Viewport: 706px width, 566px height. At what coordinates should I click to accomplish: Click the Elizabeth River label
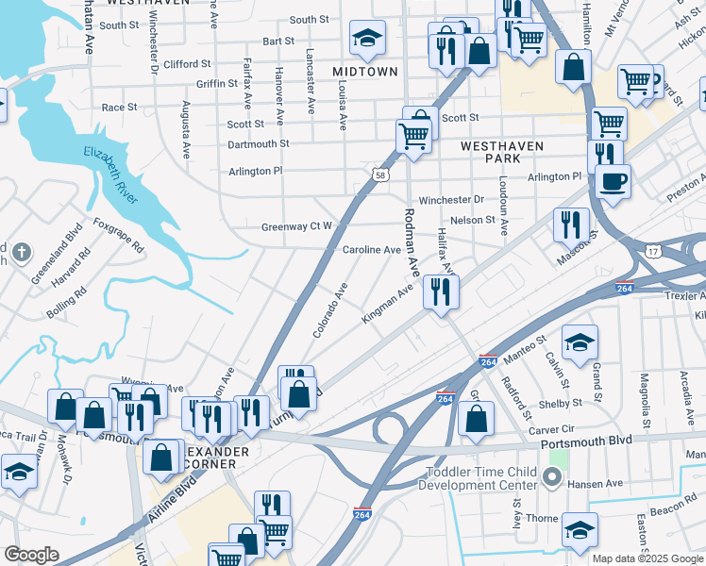[110, 175]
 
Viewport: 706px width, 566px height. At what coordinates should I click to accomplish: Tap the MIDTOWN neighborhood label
[363, 72]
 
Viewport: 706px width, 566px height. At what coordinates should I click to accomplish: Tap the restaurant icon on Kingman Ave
[441, 291]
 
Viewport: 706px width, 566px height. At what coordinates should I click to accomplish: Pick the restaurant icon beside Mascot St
[571, 225]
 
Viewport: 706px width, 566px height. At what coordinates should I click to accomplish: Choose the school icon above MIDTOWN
[367, 38]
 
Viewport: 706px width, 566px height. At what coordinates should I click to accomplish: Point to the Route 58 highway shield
[378, 175]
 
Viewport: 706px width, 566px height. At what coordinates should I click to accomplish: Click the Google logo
[31, 555]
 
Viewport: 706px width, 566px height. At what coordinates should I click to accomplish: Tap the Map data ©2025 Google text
[647, 558]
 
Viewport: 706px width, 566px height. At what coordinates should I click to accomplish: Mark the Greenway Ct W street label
[296, 226]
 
